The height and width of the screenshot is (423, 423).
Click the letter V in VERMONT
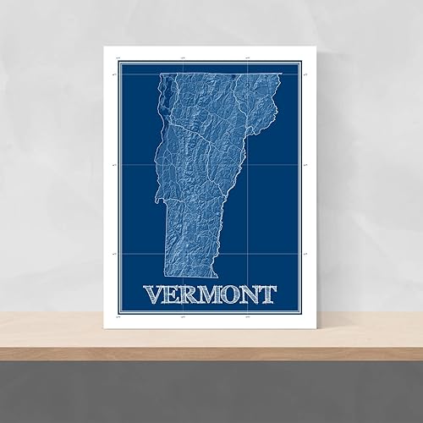tap(155, 294)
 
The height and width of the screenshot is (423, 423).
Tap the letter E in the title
tap(174, 294)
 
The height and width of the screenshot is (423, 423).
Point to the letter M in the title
tap(212, 294)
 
